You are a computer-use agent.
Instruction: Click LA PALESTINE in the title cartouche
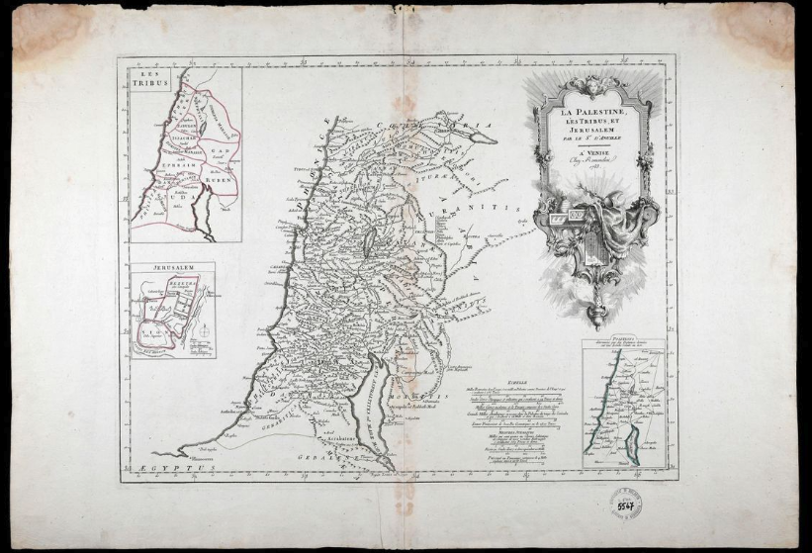[x=593, y=113]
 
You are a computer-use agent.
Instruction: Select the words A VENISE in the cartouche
[x=594, y=149]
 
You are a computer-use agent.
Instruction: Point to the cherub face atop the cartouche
[x=593, y=83]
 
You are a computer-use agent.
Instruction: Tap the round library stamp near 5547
[x=625, y=504]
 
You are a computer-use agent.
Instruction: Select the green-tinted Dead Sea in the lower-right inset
[x=634, y=449]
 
